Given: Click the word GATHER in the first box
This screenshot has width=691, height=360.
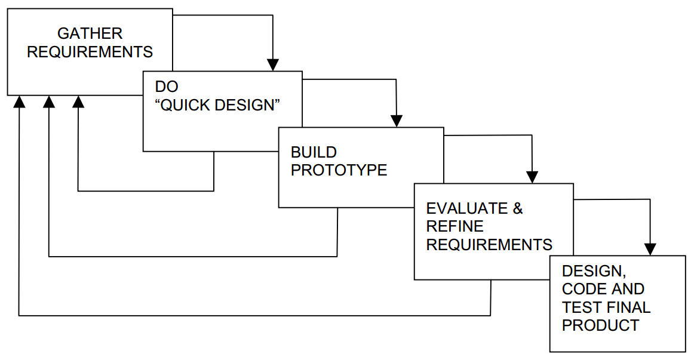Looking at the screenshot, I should pyautogui.click(x=90, y=33).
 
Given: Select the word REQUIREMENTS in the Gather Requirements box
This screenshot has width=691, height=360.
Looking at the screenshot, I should pyautogui.click(x=90, y=52).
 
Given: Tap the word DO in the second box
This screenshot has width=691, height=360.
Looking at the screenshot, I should pyautogui.click(x=167, y=87).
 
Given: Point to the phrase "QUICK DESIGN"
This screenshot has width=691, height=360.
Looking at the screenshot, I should pyautogui.click(x=218, y=105).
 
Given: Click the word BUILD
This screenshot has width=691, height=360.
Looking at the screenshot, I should pyautogui.click(x=314, y=152).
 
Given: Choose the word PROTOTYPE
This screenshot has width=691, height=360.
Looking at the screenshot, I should pyautogui.click(x=339, y=170).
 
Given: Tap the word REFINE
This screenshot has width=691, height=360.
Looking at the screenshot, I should pyautogui.click(x=455, y=226).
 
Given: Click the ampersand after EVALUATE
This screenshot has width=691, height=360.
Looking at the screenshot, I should pyautogui.click(x=518, y=208).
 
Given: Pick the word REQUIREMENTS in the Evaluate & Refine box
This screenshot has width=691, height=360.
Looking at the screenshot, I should pyautogui.click(x=489, y=244).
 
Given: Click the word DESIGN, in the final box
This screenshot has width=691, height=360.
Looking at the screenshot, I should pyautogui.click(x=594, y=271).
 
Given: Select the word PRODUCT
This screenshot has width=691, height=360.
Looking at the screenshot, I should pyautogui.click(x=600, y=325).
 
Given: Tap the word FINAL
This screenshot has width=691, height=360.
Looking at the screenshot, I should pyautogui.click(x=628, y=307).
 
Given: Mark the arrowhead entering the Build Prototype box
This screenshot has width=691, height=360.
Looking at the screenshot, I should pyautogui.click(x=396, y=121).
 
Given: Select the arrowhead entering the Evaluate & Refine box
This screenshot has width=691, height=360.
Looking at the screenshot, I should pyautogui.click(x=532, y=177).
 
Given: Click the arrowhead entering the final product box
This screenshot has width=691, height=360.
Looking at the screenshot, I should pyautogui.click(x=650, y=249).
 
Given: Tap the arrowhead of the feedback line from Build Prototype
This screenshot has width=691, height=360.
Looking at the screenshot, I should pyautogui.click(x=49, y=102).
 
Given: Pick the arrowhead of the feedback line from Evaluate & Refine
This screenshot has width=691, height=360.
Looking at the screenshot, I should pyautogui.click(x=20, y=102).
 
